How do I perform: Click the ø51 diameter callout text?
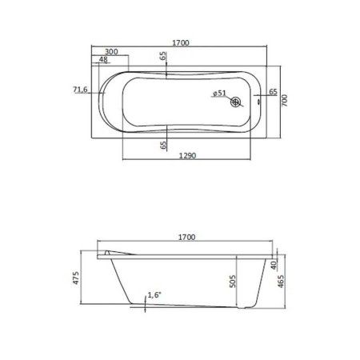pyautogui.click(x=221, y=94)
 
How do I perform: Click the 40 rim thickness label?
pyautogui.click(x=273, y=265)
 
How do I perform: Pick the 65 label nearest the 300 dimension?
pyautogui.click(x=163, y=58)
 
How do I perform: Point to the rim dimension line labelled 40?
pyautogui.click(x=266, y=264)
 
